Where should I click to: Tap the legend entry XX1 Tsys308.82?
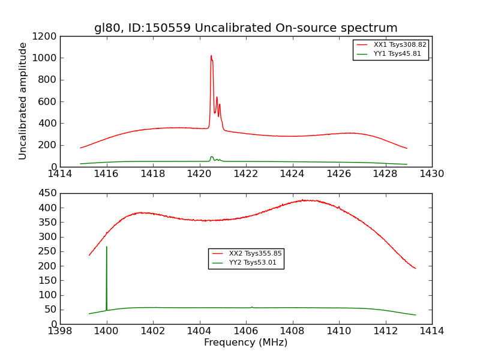(400, 44)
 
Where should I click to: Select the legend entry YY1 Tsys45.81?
(397, 54)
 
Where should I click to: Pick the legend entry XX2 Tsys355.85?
(255, 254)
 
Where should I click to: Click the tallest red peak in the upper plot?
(211, 56)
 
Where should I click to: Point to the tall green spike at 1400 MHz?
(107, 247)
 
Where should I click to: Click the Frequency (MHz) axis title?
(246, 343)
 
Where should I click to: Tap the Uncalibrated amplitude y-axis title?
(23, 101)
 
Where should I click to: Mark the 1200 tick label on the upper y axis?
(45, 37)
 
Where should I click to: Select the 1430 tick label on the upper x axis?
(432, 174)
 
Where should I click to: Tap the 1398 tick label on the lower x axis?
(60, 331)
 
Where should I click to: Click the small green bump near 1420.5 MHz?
(212, 157)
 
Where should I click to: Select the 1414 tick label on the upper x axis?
(60, 174)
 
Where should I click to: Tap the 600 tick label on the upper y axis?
(47, 102)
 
